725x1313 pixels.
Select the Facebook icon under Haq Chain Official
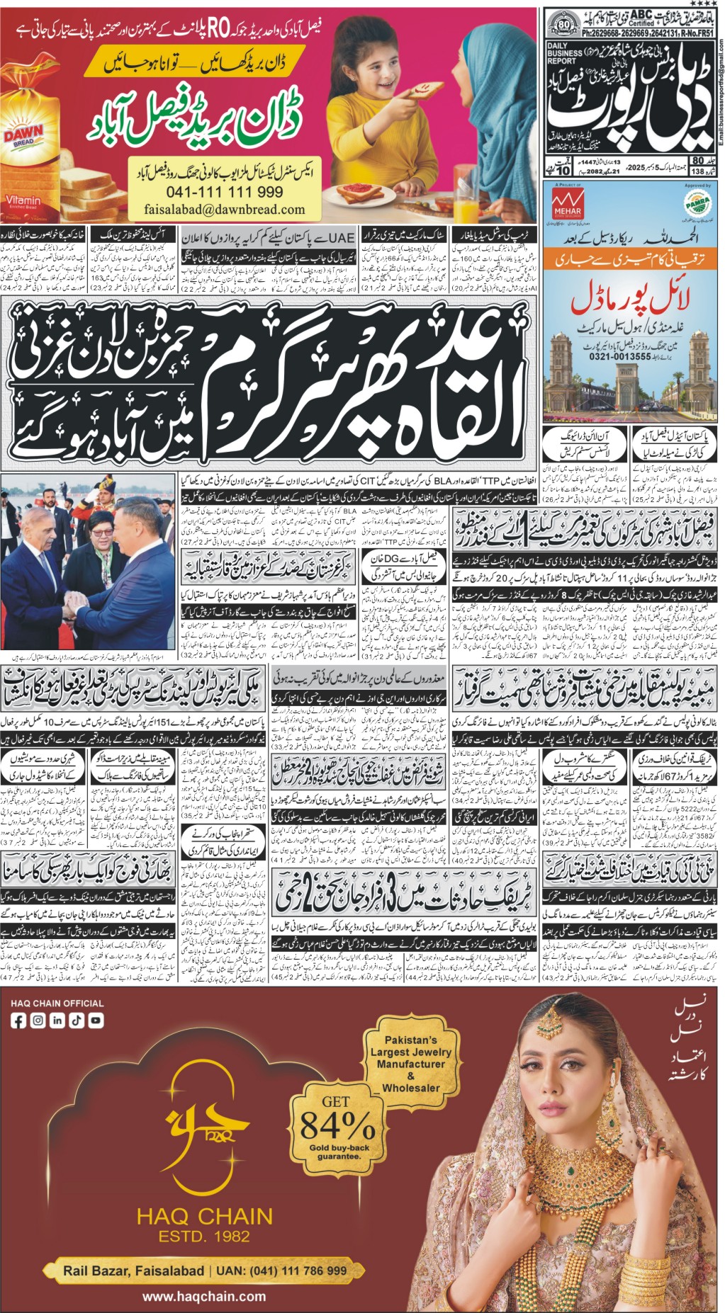pos(18,1021)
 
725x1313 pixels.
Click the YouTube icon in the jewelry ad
pos(95,1021)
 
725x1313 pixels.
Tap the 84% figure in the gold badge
pos(337,1124)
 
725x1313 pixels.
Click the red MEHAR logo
pos(567,203)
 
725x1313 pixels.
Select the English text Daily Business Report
pos(564,54)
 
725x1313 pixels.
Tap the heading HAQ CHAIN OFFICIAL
pos(57,1003)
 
